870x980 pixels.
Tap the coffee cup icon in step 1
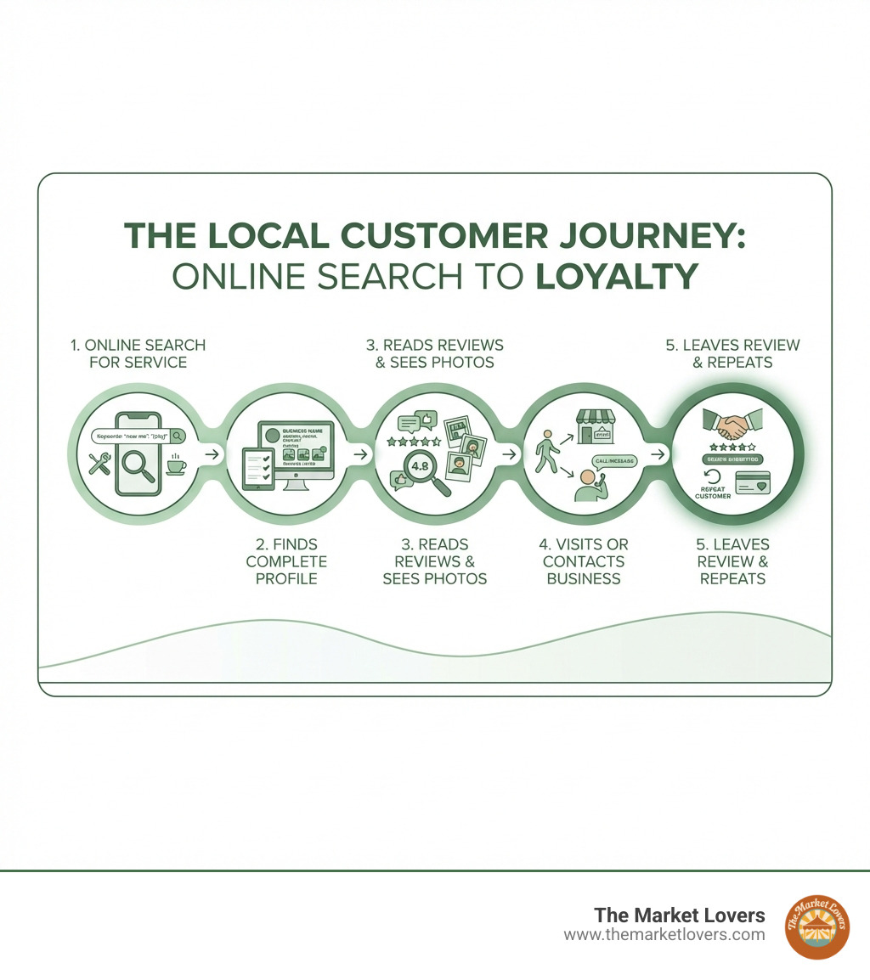click(176, 465)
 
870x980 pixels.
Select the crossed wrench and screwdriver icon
click(99, 463)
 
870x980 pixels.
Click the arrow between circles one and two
click(211, 454)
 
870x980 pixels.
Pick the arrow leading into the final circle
click(657, 454)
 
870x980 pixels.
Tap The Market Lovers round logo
click(817, 926)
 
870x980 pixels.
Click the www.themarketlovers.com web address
click(664, 934)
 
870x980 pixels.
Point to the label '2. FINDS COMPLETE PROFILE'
click(286, 561)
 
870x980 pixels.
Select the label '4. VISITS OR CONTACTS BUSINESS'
click(584, 561)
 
